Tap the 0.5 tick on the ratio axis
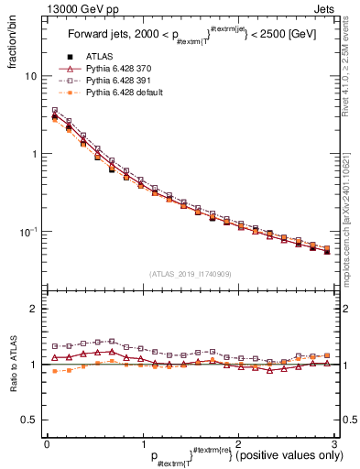(29, 420)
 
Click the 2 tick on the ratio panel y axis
(34, 310)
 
